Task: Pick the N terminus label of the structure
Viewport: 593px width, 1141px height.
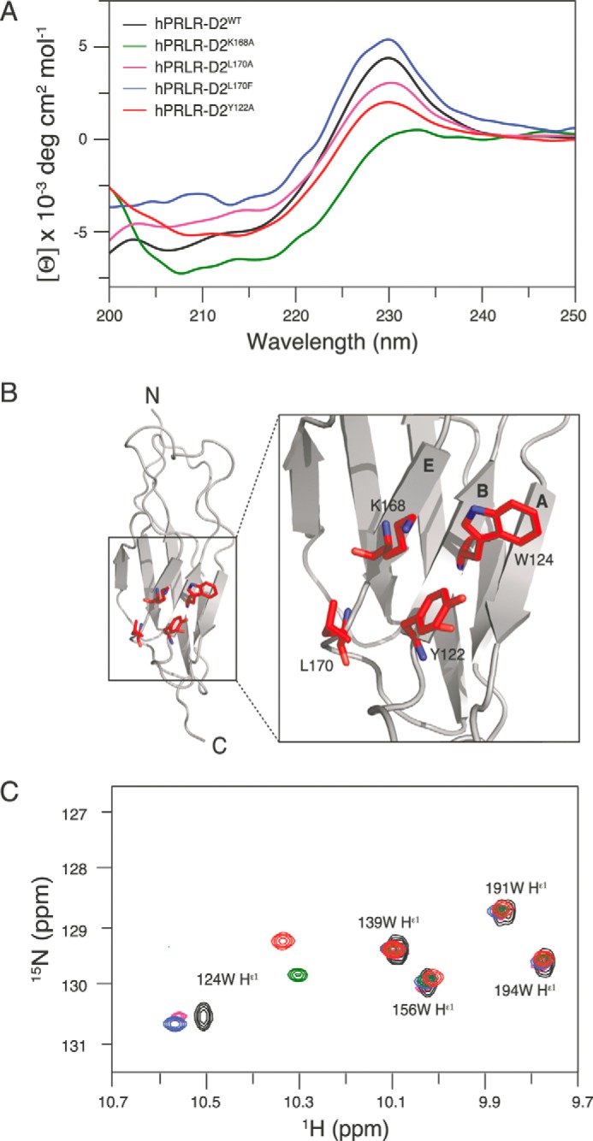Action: (153, 397)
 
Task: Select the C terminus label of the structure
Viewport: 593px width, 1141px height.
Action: (220, 746)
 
